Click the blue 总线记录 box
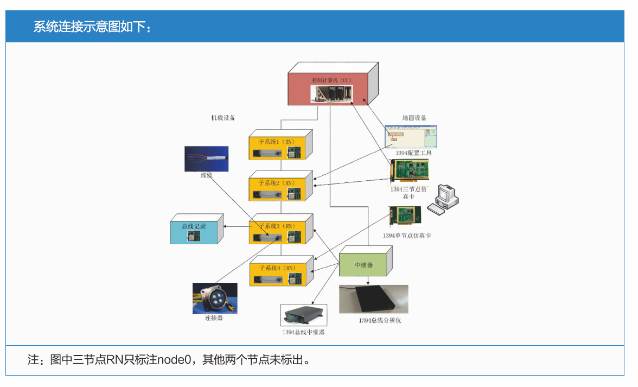point(194,231)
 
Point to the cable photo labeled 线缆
point(206,158)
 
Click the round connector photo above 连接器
point(214,298)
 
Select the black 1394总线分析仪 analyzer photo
point(373,300)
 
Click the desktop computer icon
point(443,199)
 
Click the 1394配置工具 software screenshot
point(413,136)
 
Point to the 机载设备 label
point(223,118)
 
